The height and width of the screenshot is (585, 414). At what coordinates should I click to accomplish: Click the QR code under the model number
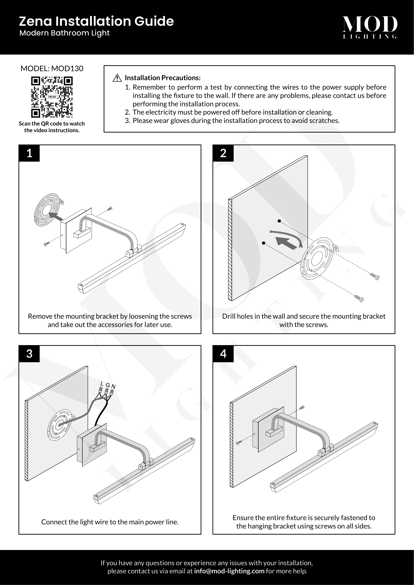(x=52, y=97)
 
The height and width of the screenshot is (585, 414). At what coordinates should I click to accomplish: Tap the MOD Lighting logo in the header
(x=369, y=27)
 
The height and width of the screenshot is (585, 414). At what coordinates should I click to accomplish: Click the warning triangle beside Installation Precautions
(x=117, y=78)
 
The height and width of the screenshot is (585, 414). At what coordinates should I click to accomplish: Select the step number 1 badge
(x=29, y=153)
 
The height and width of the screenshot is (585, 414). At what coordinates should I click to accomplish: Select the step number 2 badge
(x=223, y=153)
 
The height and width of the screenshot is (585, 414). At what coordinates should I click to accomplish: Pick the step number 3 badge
(x=29, y=354)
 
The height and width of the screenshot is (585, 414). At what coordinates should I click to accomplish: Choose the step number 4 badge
(x=223, y=354)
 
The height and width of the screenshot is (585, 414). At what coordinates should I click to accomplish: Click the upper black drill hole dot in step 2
(x=279, y=221)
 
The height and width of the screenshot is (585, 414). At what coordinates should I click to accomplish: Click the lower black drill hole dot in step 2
(x=264, y=243)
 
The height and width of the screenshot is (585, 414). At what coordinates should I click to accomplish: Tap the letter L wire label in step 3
(x=102, y=383)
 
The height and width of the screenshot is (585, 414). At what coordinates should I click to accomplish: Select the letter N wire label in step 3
(x=113, y=386)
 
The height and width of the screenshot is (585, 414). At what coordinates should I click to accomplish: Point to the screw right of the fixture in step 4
(x=302, y=407)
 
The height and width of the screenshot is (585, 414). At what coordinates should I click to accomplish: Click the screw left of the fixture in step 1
(x=46, y=244)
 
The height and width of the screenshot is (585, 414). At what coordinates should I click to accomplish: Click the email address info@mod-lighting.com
(x=229, y=571)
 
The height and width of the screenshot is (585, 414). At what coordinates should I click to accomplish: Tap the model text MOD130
(x=67, y=69)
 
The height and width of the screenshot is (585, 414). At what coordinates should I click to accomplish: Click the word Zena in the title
(x=36, y=21)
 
